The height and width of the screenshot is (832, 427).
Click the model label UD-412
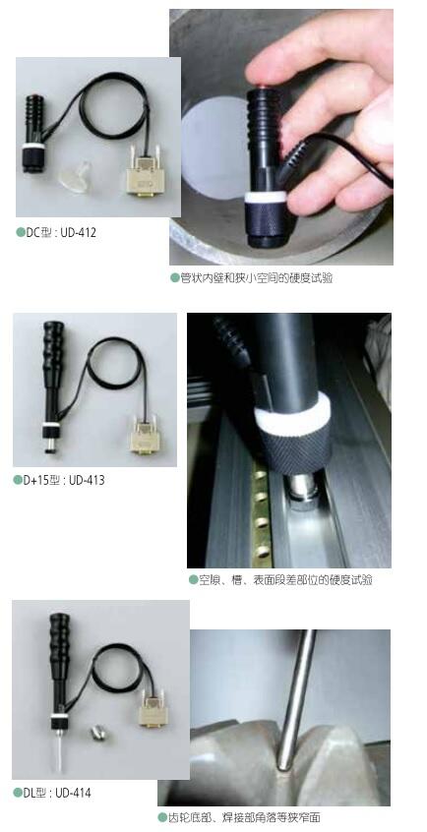(78, 232)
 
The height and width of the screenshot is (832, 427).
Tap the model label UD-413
(87, 481)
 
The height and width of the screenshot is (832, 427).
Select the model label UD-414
(73, 794)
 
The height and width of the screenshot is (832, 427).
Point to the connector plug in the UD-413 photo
(145, 436)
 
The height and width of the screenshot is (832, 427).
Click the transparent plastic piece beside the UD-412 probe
(75, 177)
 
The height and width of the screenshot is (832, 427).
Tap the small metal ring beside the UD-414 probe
(97, 734)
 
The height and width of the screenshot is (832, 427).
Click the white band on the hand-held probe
(265, 197)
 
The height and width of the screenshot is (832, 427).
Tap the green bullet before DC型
(21, 232)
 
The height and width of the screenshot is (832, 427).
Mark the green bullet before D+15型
(18, 480)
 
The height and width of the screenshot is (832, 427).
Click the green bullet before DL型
(18, 793)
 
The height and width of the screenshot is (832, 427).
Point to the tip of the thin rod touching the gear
(284, 767)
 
